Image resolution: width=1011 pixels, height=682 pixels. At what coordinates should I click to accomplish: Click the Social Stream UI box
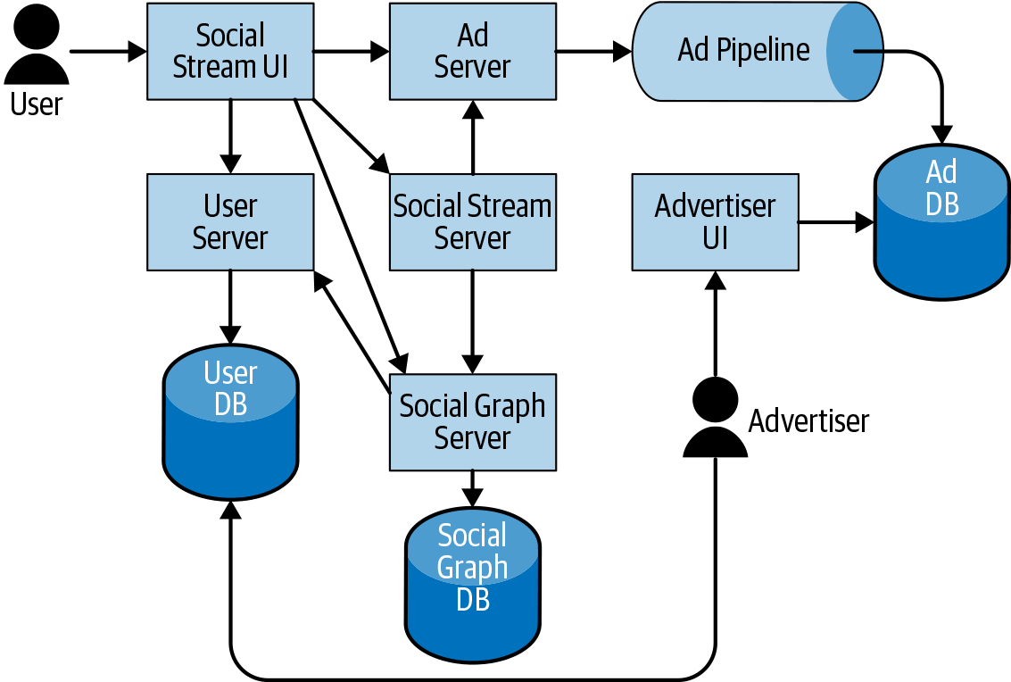tap(230, 51)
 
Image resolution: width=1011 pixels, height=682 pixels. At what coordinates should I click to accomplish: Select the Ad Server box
tap(472, 51)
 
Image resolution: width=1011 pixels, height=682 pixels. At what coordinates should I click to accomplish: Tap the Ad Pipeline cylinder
tap(743, 51)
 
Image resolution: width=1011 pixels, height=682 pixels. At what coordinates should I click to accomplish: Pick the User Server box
tap(230, 221)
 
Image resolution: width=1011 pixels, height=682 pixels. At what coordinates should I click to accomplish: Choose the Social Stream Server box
tap(472, 221)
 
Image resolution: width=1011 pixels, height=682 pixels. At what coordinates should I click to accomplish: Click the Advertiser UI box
tap(715, 221)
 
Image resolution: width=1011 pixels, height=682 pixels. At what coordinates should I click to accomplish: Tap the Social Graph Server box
tap(472, 421)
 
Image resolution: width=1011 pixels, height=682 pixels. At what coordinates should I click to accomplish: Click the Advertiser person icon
tap(715, 417)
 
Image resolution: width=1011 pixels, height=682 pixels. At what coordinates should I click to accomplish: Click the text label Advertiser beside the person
tap(808, 420)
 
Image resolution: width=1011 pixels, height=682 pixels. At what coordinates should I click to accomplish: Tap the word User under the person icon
tap(37, 104)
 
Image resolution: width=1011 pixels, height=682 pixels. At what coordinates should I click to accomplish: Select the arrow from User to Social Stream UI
tap(107, 52)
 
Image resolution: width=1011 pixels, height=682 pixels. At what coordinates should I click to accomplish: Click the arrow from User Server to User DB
tap(230, 307)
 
